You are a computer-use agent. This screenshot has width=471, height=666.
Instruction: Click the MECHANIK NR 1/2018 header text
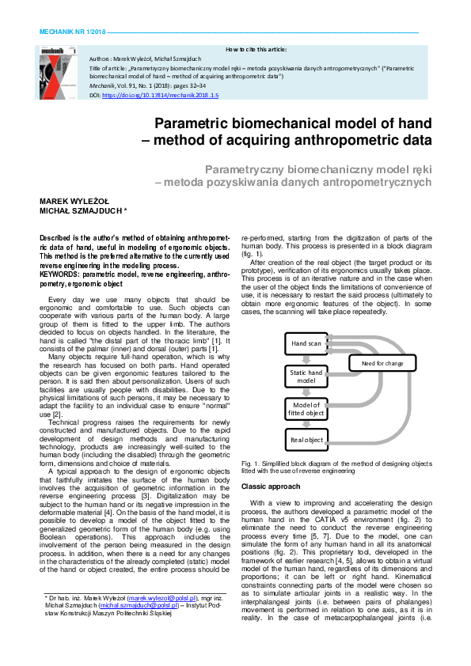pyautogui.click(x=66, y=32)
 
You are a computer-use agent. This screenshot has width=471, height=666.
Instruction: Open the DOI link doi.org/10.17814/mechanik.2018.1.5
pyautogui.click(x=160, y=94)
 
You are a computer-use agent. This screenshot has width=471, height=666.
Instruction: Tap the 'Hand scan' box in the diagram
pyautogui.click(x=306, y=344)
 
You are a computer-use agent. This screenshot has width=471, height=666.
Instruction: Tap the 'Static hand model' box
pyautogui.click(x=306, y=377)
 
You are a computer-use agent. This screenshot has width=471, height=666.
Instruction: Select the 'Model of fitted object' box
pyautogui.click(x=306, y=408)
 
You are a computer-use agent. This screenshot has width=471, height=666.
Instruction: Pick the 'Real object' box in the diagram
pyautogui.click(x=306, y=440)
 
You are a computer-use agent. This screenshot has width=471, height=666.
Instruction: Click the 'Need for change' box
pyautogui.click(x=382, y=363)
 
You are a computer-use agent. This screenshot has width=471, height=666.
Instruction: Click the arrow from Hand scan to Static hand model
pyautogui.click(x=306, y=359)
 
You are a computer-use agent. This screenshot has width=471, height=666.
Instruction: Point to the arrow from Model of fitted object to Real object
pyautogui.click(x=306, y=424)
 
